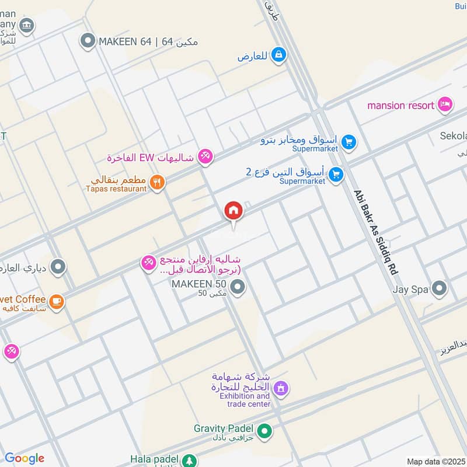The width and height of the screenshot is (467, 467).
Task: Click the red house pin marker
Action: pos(233,210)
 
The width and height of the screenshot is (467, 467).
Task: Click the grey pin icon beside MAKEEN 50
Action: pos(238,287)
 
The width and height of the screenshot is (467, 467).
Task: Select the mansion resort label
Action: pos(400,105)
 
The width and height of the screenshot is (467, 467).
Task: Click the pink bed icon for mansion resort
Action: pos(445,104)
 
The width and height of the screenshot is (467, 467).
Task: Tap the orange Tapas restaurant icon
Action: pos(157,182)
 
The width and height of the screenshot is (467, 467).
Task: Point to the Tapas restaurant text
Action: pos(116,189)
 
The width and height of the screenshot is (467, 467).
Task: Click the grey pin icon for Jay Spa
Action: pos(439,288)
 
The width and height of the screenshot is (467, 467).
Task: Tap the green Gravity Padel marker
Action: pos(265,432)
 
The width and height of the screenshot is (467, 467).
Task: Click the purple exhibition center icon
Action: pos(281,388)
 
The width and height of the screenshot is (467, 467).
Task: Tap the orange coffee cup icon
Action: pos(57,301)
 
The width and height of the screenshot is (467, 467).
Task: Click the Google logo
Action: pos(25,458)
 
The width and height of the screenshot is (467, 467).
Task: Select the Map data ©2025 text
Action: pos(435,462)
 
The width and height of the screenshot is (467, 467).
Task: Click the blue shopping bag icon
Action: pos(279,55)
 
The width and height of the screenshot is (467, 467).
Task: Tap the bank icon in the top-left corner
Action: pos(26,25)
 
